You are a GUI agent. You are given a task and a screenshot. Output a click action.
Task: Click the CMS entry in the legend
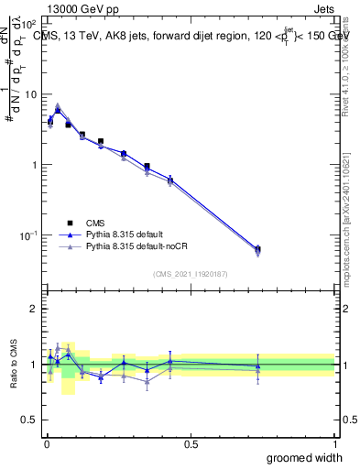(97, 222)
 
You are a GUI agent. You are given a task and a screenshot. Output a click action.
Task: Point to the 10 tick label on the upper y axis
(29, 94)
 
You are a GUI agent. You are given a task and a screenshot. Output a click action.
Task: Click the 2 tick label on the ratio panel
(35, 309)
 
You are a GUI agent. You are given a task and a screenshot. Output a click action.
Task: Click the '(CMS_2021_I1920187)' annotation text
(191, 274)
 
